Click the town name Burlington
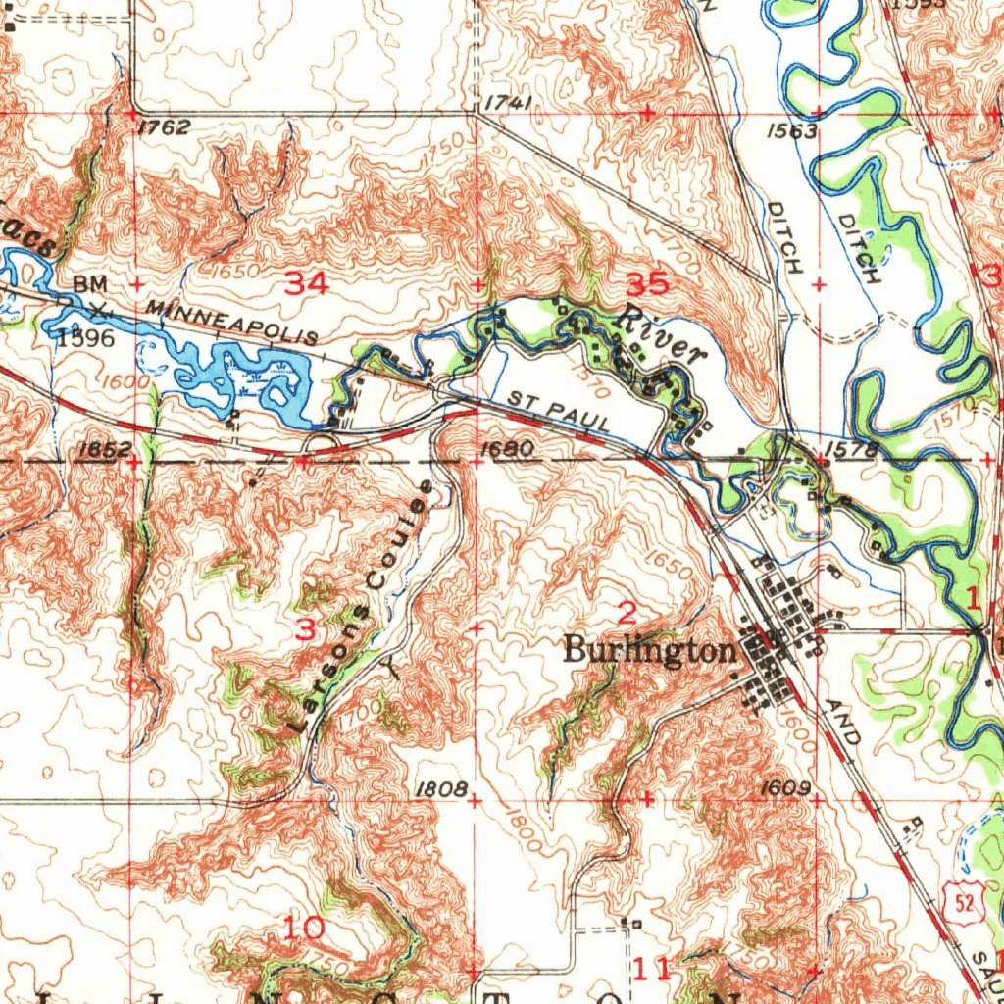tap(649, 650)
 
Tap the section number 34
tap(306, 284)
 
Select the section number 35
tap(647, 284)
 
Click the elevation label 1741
tap(508, 103)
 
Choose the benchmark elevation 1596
tap(85, 338)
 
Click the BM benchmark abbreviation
tap(88, 283)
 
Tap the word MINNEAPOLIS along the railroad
tap(232, 323)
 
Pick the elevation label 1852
tap(102, 449)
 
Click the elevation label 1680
tap(508, 449)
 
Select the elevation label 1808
tap(439, 788)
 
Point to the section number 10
tap(306, 926)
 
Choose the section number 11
tap(652, 969)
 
